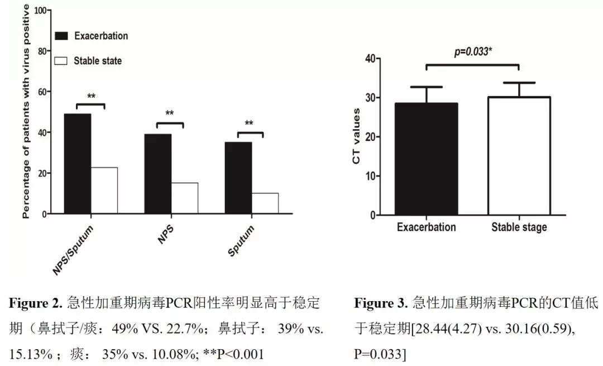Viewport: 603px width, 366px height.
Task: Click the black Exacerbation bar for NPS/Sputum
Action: click(78, 163)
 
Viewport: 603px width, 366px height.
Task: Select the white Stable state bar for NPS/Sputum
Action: click(104, 190)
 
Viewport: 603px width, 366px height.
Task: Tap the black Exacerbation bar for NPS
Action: click(157, 173)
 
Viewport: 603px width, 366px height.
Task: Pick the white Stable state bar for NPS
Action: click(184, 198)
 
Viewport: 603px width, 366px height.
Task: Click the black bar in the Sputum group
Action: click(238, 178)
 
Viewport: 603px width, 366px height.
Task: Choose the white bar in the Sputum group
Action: click(265, 203)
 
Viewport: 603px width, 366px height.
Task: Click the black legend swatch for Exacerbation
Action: click(61, 36)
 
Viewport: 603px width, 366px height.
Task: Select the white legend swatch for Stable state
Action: click(61, 60)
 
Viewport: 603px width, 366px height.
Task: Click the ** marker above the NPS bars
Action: click(170, 114)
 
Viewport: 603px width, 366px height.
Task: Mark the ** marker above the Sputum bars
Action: click(249, 124)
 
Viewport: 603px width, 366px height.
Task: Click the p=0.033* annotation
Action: click(472, 52)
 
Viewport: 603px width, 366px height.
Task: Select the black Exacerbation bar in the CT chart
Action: click(427, 159)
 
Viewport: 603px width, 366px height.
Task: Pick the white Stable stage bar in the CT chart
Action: click(519, 156)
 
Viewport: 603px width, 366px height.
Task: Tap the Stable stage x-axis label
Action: click(519, 227)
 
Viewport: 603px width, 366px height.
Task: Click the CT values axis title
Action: click(356, 136)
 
